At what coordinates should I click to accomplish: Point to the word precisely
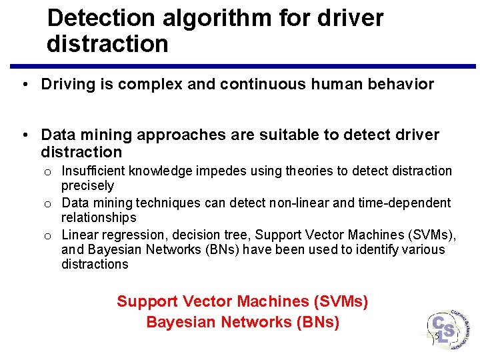coord(87,186)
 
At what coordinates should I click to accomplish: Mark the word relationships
coord(98,217)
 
